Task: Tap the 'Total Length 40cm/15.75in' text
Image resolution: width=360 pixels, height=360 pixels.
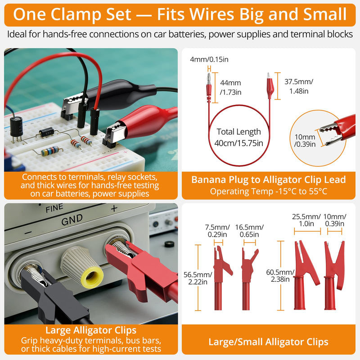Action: (x=239, y=137)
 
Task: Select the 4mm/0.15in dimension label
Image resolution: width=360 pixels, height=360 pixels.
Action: (x=209, y=59)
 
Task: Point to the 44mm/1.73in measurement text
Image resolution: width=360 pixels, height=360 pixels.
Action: (x=230, y=87)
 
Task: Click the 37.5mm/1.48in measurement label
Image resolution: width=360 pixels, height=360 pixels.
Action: (x=299, y=86)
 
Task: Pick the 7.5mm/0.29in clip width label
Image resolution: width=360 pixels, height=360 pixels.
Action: (x=217, y=231)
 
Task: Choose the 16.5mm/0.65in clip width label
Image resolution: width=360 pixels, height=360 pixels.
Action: (x=249, y=231)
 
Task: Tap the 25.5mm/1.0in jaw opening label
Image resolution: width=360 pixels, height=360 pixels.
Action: (x=306, y=220)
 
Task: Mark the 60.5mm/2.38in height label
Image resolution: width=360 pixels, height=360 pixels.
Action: (x=280, y=275)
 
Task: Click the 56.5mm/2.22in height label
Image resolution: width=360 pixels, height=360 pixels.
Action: (x=198, y=278)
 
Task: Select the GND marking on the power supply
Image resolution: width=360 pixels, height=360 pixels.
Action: (x=72, y=220)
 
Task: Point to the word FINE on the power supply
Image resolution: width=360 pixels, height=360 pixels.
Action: (x=54, y=208)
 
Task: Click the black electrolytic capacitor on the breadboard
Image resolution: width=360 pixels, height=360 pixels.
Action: (x=17, y=127)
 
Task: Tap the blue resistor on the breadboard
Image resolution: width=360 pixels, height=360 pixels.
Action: (x=49, y=151)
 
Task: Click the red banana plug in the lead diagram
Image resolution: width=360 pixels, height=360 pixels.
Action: (x=209, y=87)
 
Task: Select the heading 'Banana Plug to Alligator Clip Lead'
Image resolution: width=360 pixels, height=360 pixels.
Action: (x=269, y=180)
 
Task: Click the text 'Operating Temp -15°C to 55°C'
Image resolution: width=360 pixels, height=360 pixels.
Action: (x=269, y=191)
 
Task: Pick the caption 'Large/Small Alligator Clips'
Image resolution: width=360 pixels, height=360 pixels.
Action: (x=268, y=342)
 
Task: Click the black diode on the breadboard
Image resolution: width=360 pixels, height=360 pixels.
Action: (x=47, y=132)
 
